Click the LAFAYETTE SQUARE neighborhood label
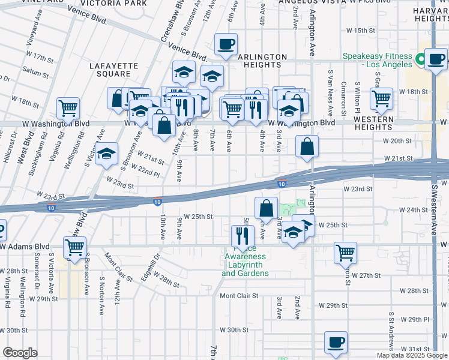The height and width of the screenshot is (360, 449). (x=110, y=69)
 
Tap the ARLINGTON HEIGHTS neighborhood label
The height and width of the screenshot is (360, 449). (x=262, y=61)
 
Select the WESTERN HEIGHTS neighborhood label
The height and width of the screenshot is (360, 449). (x=373, y=124)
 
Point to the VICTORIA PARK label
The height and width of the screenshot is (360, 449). (x=122, y=3)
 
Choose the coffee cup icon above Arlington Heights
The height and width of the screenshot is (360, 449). (x=226, y=44)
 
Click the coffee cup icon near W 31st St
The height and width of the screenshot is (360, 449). (x=336, y=343)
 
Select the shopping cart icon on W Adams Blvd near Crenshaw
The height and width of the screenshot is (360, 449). (x=75, y=247)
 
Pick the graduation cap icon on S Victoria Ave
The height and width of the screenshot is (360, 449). (x=106, y=154)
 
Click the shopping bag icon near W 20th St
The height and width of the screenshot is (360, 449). (x=307, y=146)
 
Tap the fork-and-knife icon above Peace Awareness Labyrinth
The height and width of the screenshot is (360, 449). (x=243, y=236)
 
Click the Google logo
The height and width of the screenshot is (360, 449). (x=20, y=353)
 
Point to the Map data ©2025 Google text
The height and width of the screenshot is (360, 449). (x=412, y=355)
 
